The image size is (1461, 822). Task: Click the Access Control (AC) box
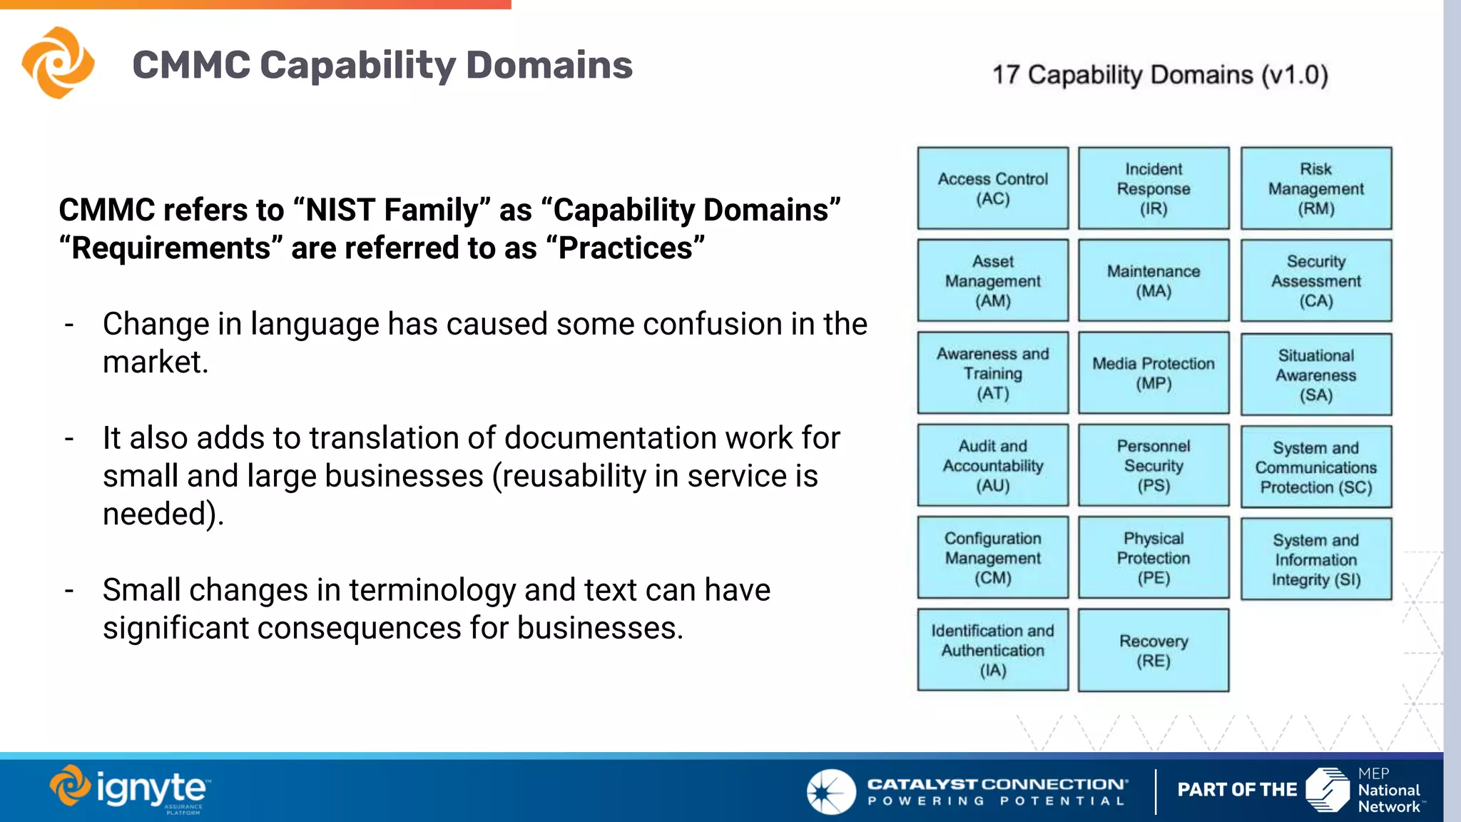(x=992, y=188)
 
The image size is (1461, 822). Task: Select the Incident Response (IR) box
(x=1154, y=188)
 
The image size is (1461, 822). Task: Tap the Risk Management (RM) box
(x=1316, y=188)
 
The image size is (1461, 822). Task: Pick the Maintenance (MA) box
(x=1154, y=280)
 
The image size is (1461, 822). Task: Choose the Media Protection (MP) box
(x=1154, y=372)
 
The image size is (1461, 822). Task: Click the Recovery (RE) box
(x=1154, y=650)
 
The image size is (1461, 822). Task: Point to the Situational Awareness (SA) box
(x=1316, y=375)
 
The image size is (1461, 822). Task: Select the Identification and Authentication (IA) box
(x=992, y=650)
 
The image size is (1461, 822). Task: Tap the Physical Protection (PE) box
(x=1154, y=557)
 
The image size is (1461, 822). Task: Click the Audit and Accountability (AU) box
(x=992, y=465)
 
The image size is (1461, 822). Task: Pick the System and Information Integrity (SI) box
(x=1316, y=559)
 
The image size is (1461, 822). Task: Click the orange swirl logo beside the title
(x=58, y=63)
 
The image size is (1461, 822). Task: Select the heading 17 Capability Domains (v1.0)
(x=1160, y=75)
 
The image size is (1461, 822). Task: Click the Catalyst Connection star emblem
(x=830, y=791)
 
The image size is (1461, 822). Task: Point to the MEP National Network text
(x=1388, y=791)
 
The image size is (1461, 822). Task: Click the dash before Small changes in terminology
(x=69, y=591)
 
